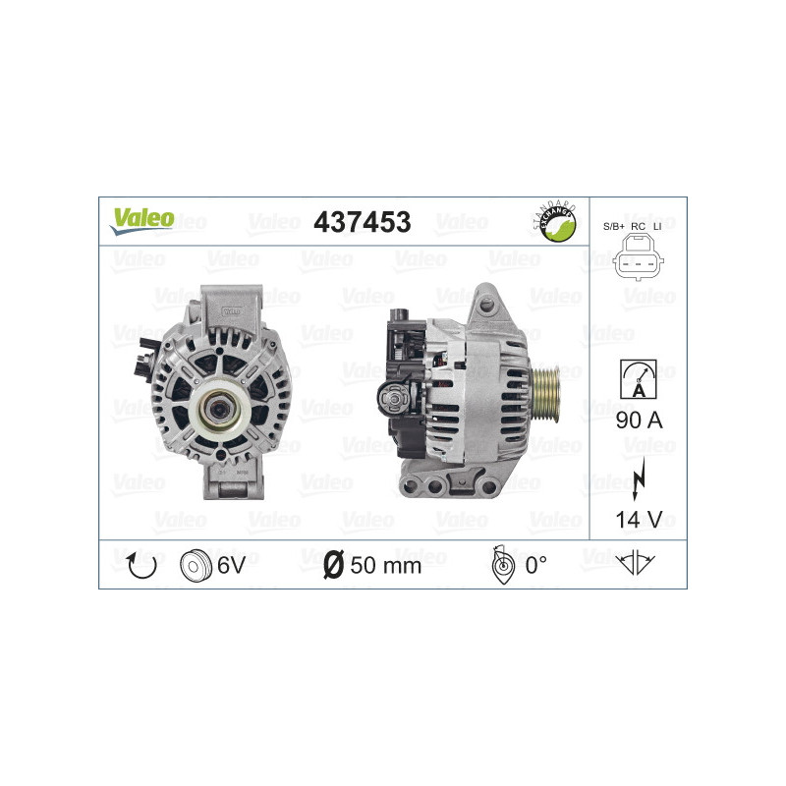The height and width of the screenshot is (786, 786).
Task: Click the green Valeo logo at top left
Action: click(x=141, y=220)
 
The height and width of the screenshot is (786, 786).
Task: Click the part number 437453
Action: click(x=362, y=222)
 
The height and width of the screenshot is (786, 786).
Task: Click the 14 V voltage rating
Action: click(x=636, y=519)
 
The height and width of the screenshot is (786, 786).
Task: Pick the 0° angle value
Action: click(x=535, y=565)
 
